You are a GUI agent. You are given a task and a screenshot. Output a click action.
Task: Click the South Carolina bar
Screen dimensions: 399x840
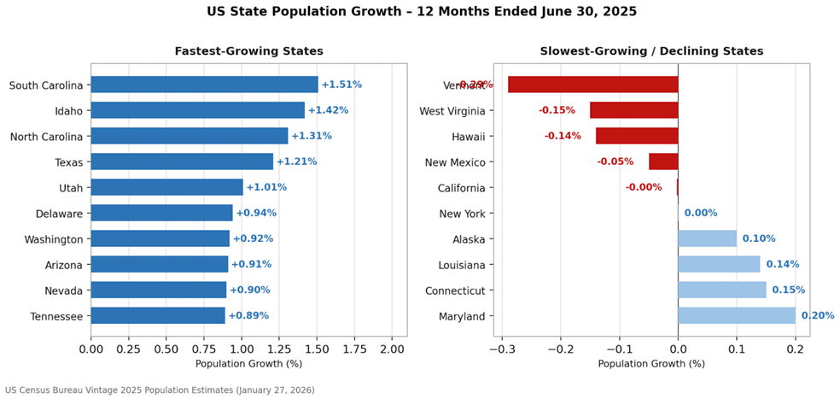click(204, 85)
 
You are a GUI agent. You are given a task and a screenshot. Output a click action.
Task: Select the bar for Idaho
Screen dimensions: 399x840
click(197, 110)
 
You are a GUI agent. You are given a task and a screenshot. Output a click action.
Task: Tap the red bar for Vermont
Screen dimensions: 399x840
click(592, 85)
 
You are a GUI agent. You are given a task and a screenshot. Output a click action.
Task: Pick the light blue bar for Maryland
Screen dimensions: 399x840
click(737, 316)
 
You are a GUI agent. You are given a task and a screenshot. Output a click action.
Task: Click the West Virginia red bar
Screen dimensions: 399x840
click(633, 110)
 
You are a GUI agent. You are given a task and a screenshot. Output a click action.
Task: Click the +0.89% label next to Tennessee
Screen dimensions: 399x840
click(248, 316)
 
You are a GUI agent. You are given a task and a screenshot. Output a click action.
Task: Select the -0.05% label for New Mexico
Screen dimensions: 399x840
click(615, 161)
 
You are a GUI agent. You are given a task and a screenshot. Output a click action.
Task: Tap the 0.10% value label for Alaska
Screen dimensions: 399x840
click(758, 239)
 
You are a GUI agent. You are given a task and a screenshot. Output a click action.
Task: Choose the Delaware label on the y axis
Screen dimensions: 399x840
click(59, 214)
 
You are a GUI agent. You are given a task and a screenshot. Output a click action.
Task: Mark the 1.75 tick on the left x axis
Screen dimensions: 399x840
click(354, 349)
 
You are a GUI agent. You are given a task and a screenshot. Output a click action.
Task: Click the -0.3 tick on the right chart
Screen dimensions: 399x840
click(502, 349)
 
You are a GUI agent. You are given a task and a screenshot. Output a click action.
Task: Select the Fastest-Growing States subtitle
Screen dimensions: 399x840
click(248, 51)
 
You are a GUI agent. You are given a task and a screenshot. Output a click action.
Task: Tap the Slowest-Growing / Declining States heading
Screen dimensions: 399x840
click(651, 51)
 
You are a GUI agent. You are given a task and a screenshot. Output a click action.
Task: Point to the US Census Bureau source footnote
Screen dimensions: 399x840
click(160, 390)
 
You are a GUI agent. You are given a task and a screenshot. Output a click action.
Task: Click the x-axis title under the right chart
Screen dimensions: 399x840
click(651, 364)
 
